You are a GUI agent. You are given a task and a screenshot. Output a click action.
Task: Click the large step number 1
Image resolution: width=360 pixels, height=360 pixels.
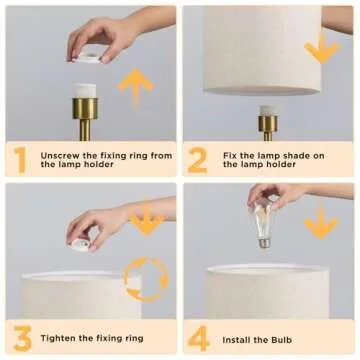20,160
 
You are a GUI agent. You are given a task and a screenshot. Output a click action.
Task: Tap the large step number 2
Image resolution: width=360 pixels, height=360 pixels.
197,160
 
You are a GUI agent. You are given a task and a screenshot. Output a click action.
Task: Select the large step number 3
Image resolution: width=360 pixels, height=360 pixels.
23,338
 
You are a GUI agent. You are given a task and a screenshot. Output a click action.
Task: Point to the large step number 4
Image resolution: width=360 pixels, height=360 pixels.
199,338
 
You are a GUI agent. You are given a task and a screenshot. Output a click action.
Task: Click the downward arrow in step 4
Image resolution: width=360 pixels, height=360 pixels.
321,223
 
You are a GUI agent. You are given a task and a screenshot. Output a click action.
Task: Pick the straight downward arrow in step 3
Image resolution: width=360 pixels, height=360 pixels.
146,221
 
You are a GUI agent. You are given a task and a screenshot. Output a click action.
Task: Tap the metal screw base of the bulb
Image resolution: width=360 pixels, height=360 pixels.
264,242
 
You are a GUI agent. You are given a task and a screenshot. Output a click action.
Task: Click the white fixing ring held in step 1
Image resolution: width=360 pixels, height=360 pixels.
88,57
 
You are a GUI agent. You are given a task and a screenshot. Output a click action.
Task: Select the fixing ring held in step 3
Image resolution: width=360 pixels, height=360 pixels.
81,244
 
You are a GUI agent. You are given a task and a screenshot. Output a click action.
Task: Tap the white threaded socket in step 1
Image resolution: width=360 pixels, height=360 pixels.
85,91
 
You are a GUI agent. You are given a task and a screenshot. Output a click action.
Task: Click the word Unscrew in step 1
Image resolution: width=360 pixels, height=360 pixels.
60,156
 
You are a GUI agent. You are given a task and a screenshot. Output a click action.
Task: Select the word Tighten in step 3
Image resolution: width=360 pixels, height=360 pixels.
58,339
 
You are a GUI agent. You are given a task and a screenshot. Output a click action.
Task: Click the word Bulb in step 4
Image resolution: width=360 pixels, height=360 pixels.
281,340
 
